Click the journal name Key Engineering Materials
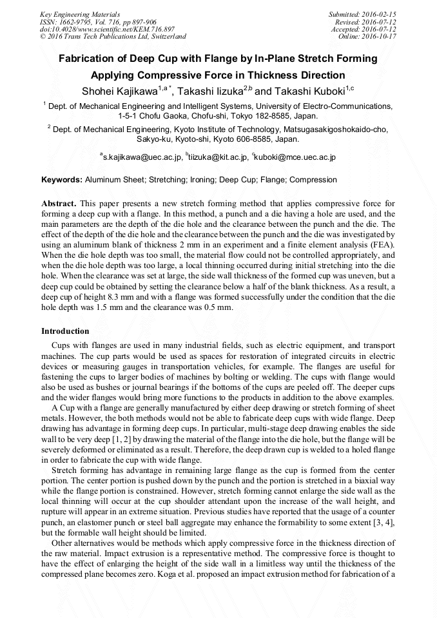click(x=80, y=14)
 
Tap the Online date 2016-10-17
click(x=379, y=37)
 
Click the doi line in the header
click(x=107, y=29)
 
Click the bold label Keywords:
click(x=62, y=180)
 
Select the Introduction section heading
click(x=65, y=331)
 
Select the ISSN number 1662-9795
click(x=79, y=21)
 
